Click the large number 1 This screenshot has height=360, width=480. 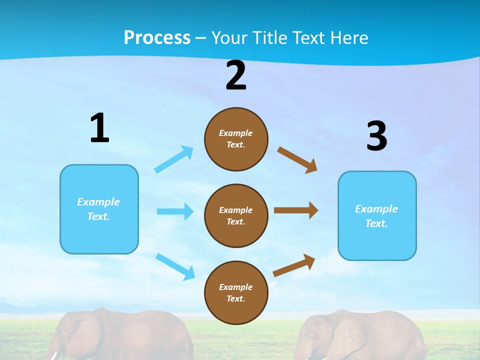coord(99,128)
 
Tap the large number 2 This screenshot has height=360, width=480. coord(236,75)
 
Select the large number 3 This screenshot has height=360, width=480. coord(376,136)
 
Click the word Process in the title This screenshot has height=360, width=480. coord(157,37)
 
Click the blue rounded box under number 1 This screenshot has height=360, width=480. coord(99,209)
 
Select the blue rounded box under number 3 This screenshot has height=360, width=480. coord(377,215)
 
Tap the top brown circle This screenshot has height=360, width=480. coord(236,139)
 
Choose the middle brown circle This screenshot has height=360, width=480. coord(236,215)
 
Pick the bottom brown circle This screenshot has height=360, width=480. coord(236,292)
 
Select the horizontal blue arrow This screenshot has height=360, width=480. coord(175,211)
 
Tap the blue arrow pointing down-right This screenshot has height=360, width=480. coord(175,266)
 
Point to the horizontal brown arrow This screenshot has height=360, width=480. coord(296,210)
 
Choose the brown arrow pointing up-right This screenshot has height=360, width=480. coord(294,265)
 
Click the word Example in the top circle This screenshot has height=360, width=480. coord(235,133)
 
